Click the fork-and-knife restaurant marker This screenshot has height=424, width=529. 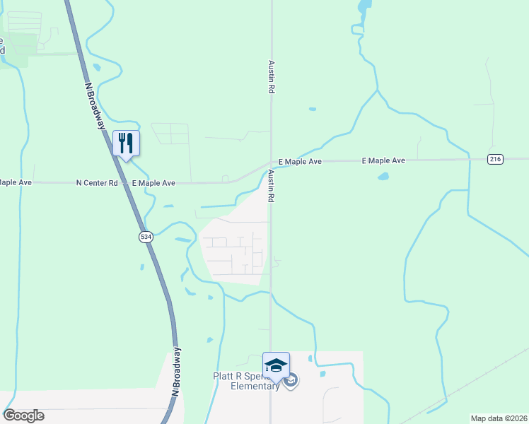pos(126,143)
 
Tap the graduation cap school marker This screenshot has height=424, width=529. pos(276,365)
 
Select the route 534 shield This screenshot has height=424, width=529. pos(146,237)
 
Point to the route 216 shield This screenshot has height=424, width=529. pos(495,160)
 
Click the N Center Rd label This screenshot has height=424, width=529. pos(97,183)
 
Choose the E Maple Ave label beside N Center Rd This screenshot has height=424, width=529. pos(153,183)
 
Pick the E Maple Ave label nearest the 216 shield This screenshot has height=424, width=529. pos(383,161)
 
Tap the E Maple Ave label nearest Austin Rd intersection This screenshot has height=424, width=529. pos(300,162)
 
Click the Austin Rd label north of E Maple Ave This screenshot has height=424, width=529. pos(270,77)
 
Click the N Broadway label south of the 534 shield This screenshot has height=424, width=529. pos(175,371)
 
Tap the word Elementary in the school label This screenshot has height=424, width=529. pos(257,387)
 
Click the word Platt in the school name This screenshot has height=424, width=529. pos(225,377)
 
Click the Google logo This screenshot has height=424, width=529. pos(23,416)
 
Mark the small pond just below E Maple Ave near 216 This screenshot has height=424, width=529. pos(383,176)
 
